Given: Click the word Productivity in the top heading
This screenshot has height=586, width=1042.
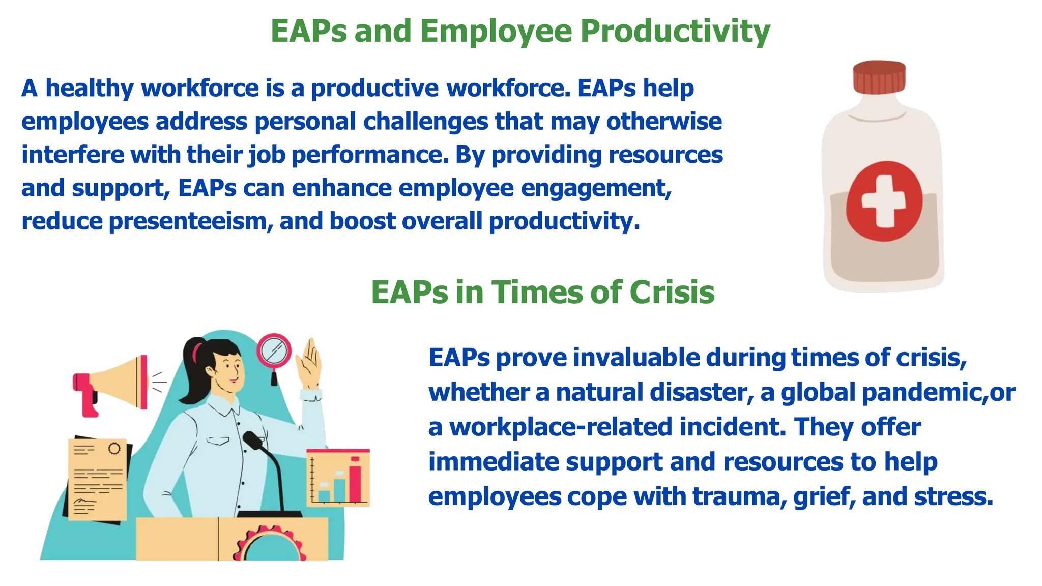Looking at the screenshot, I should [x=675, y=32].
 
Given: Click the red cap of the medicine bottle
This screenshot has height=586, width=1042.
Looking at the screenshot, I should [x=879, y=77].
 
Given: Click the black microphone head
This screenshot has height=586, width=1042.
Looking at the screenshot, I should [x=252, y=439].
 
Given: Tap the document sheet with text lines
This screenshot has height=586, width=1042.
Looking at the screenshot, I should [x=98, y=478].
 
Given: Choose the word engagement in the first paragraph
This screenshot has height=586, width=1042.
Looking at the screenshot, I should [x=595, y=188].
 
